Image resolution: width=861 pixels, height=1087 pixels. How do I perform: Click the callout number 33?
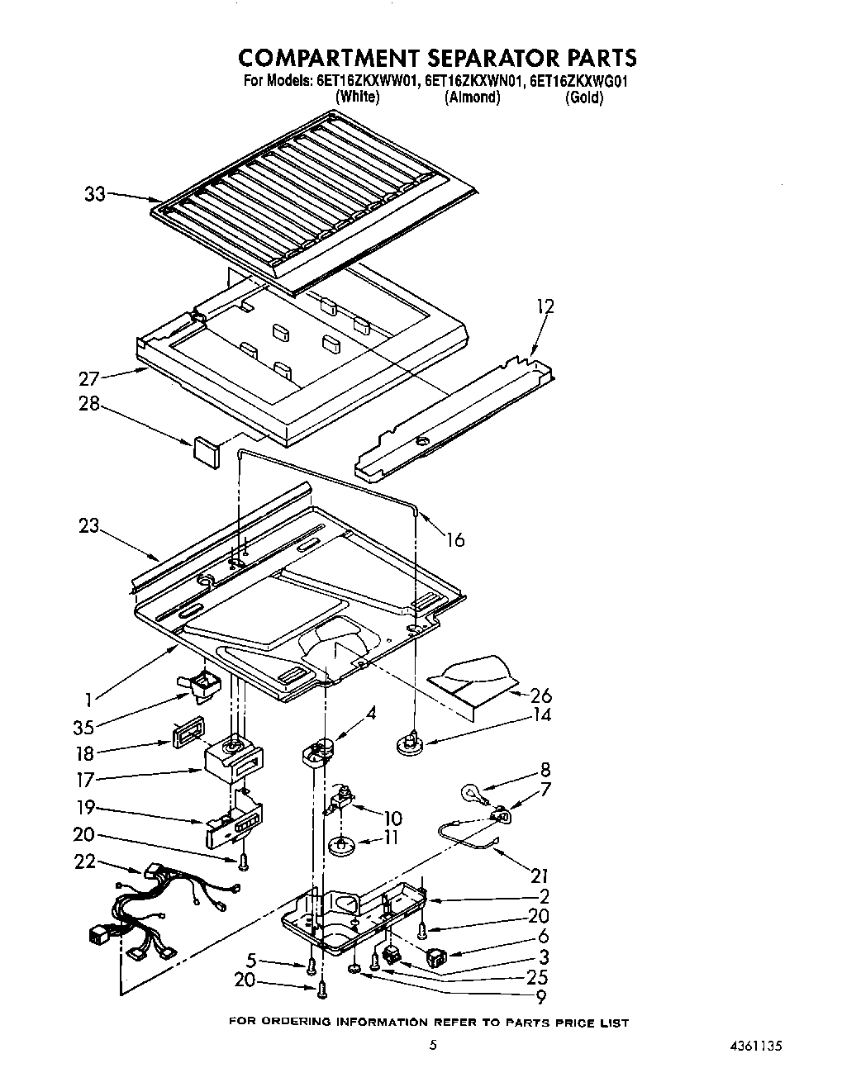click(95, 195)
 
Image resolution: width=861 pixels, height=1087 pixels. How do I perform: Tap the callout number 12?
click(545, 307)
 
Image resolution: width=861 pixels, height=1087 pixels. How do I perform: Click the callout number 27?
click(88, 379)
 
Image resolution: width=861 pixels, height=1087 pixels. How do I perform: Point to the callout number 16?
click(454, 540)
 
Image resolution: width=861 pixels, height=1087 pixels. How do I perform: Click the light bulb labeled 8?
click(472, 795)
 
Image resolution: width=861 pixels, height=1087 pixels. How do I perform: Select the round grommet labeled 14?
click(409, 743)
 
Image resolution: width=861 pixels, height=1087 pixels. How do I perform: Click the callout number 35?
click(83, 728)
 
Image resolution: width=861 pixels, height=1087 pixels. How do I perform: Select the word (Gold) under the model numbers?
click(583, 97)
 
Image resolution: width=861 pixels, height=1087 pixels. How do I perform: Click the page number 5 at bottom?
click(432, 1045)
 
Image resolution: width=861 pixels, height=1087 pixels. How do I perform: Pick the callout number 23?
click(88, 525)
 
